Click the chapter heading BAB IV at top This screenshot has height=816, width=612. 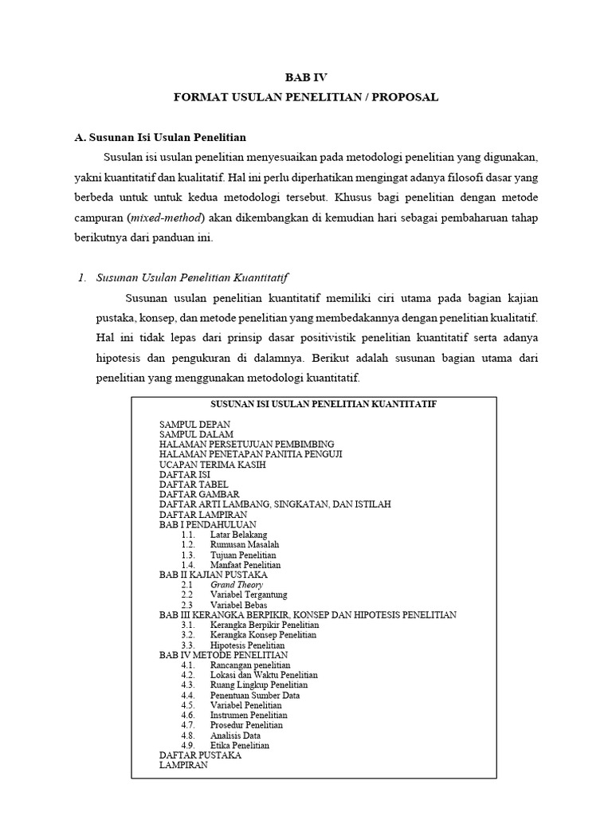point(306,77)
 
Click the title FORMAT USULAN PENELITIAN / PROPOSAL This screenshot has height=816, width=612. point(306,97)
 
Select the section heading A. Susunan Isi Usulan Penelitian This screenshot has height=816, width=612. point(160,137)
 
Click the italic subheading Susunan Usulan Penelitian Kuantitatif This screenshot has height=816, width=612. point(191,277)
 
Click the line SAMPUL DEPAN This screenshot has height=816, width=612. point(195,424)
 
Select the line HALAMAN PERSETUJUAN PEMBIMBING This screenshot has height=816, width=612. point(247,444)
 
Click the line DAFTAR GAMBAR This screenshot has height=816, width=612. point(199,494)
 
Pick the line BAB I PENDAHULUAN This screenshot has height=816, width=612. point(208,524)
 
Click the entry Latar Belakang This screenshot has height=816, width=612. point(239,535)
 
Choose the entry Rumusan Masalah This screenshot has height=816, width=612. point(245,544)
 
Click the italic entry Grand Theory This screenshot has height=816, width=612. point(237,585)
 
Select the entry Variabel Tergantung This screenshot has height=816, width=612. point(249,594)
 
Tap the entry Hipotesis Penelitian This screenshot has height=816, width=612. point(248,645)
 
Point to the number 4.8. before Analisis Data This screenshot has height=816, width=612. point(188,736)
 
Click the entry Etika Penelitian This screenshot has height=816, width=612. point(240,746)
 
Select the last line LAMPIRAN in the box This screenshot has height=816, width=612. point(183,765)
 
